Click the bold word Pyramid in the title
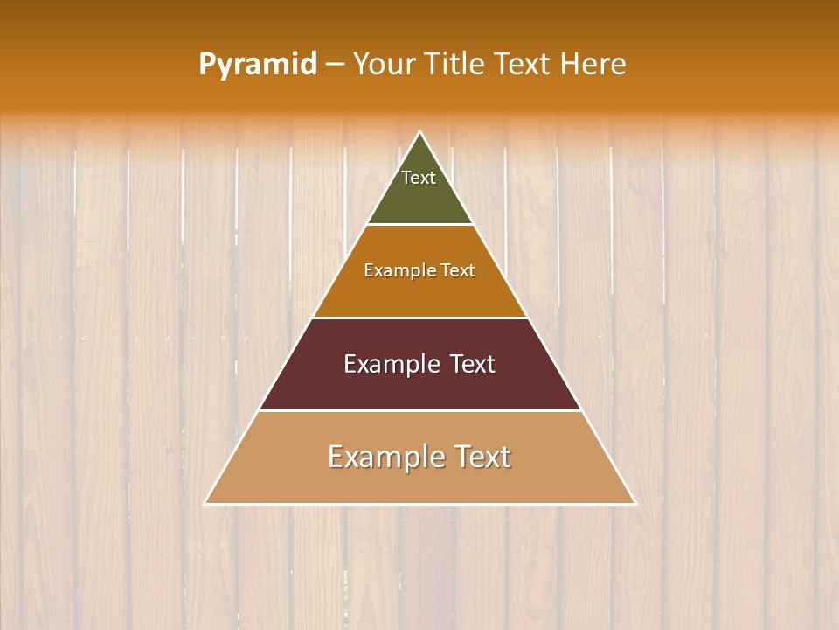[x=257, y=65]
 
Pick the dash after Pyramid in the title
[x=334, y=65]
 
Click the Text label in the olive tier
[x=419, y=178]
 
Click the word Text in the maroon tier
[x=472, y=364]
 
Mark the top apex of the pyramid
[x=420, y=132]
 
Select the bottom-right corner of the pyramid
[x=635, y=504]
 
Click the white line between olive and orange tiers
[x=420, y=224]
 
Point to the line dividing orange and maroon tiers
[x=420, y=318]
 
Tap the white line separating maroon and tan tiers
[x=420, y=410]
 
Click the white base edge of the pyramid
[x=420, y=504]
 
